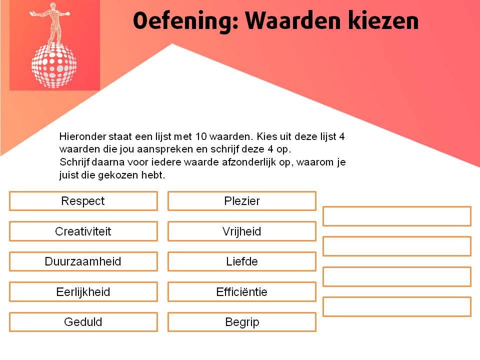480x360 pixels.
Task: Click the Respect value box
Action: coord(83,201)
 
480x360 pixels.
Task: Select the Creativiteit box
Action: coord(83,231)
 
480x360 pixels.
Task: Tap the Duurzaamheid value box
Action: coord(83,261)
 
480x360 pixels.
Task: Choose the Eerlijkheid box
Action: coord(83,292)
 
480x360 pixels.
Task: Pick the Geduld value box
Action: coord(83,322)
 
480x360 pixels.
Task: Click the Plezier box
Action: coord(242,201)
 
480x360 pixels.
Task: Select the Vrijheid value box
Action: coord(242,231)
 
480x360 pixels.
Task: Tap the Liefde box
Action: coord(242,261)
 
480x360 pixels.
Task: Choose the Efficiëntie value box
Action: coord(242,292)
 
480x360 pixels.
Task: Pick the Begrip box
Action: coord(242,322)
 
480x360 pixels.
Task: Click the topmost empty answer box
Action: coord(397,216)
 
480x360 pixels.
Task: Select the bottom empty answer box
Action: coord(397,306)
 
